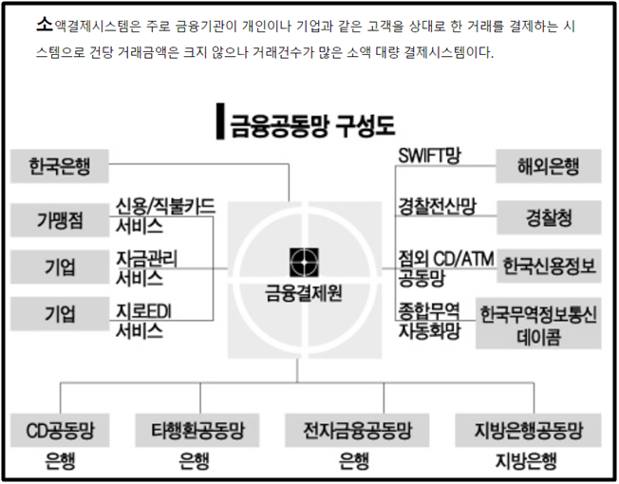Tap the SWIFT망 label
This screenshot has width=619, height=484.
428,157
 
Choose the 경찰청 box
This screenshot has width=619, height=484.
548,218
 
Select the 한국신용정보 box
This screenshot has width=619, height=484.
550,267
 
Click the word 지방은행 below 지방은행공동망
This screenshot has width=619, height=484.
524,463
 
